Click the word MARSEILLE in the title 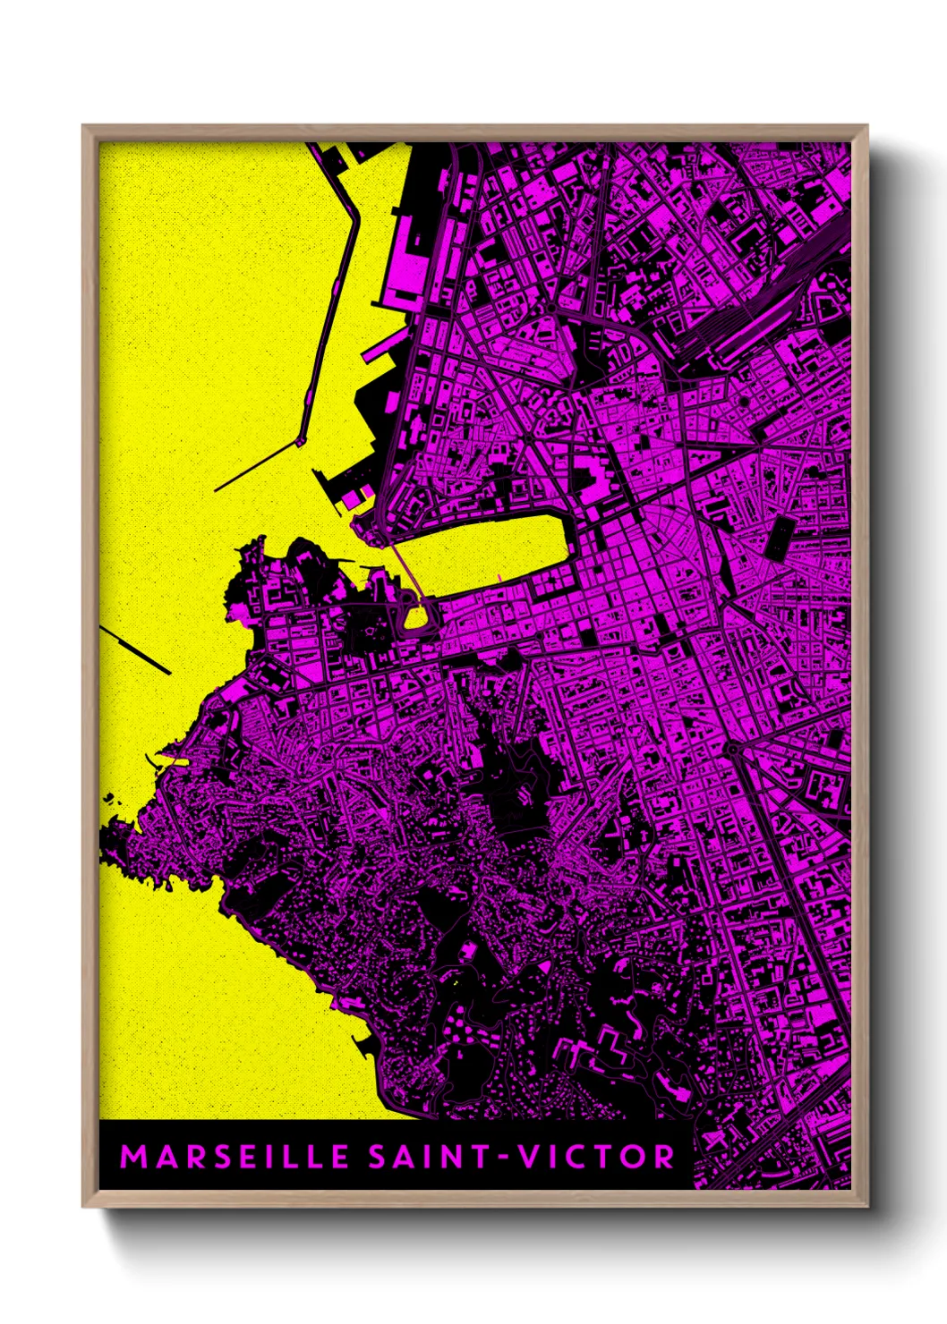(234, 1157)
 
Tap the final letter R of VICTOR (663, 1157)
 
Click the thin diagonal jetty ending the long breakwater (256, 466)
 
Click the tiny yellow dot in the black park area (456, 984)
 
